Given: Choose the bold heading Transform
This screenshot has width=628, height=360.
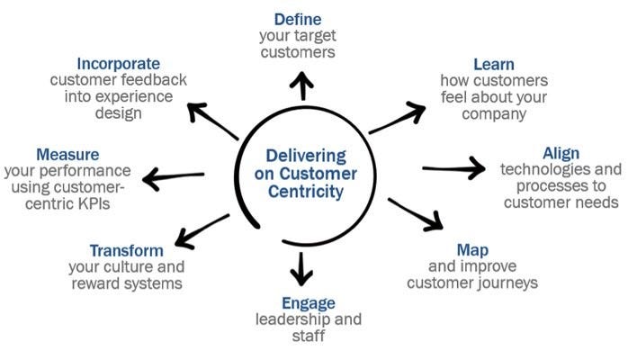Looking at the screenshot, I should pyautogui.click(x=126, y=250).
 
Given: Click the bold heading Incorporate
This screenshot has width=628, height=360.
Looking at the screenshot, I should pyautogui.click(x=119, y=64).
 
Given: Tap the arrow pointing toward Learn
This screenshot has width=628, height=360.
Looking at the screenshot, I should pyautogui.click(x=397, y=120).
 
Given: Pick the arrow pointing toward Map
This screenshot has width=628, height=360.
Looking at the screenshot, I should pyautogui.click(x=414, y=213).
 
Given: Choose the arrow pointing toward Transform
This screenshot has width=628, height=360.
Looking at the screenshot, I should pyautogui.click(x=201, y=229).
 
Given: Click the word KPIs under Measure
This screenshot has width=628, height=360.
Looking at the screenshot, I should pyautogui.click(x=114, y=203).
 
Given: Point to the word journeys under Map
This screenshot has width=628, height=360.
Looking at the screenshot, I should pyautogui.click(x=507, y=283).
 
